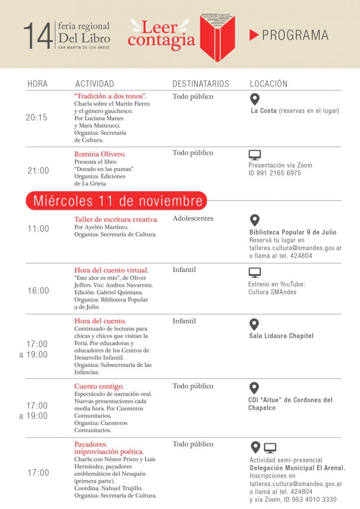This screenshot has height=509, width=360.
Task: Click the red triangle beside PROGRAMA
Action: pyautogui.click(x=254, y=35)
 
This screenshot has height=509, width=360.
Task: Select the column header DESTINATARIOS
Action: pyautogui.click(x=200, y=84)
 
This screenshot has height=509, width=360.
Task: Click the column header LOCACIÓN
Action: pyautogui.click(x=269, y=84)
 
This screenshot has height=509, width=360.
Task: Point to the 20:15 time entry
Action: pyautogui.click(x=37, y=117)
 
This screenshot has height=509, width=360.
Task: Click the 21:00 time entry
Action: pyautogui.click(x=38, y=170)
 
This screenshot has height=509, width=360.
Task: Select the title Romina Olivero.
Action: pyautogui.click(x=99, y=154)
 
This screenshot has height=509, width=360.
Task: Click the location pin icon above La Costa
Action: pyautogui.click(x=254, y=99)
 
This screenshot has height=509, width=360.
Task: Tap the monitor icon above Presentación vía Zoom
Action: pyautogui.click(x=255, y=155)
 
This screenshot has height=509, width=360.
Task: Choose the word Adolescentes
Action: pyautogui.click(x=193, y=218)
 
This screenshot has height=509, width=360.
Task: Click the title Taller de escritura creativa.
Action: pyautogui.click(x=116, y=219)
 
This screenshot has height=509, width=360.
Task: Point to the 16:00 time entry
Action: pyautogui.click(x=38, y=290)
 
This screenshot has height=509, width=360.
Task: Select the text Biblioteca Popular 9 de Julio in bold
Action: pyautogui.click(x=293, y=232)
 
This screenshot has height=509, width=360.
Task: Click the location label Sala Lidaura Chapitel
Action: pyautogui.click(x=281, y=336)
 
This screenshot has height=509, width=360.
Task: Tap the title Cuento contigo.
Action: pyautogui.click(x=99, y=386)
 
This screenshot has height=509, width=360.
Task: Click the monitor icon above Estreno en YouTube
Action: pyautogui.click(x=255, y=272)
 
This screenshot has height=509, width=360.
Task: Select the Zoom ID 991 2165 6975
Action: pyautogui.click(x=274, y=173)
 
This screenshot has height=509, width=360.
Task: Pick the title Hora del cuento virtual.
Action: pyautogui.click(x=111, y=270)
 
